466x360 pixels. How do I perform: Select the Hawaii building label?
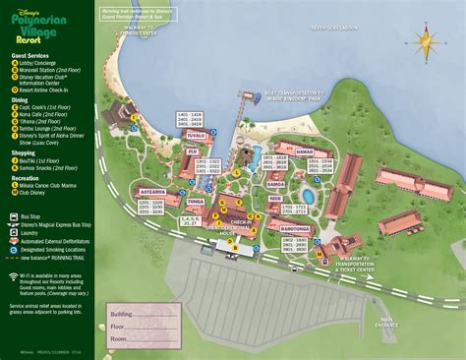coord(304,153)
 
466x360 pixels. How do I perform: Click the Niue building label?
coord(274,198)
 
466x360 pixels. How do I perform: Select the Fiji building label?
coord(193,152)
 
